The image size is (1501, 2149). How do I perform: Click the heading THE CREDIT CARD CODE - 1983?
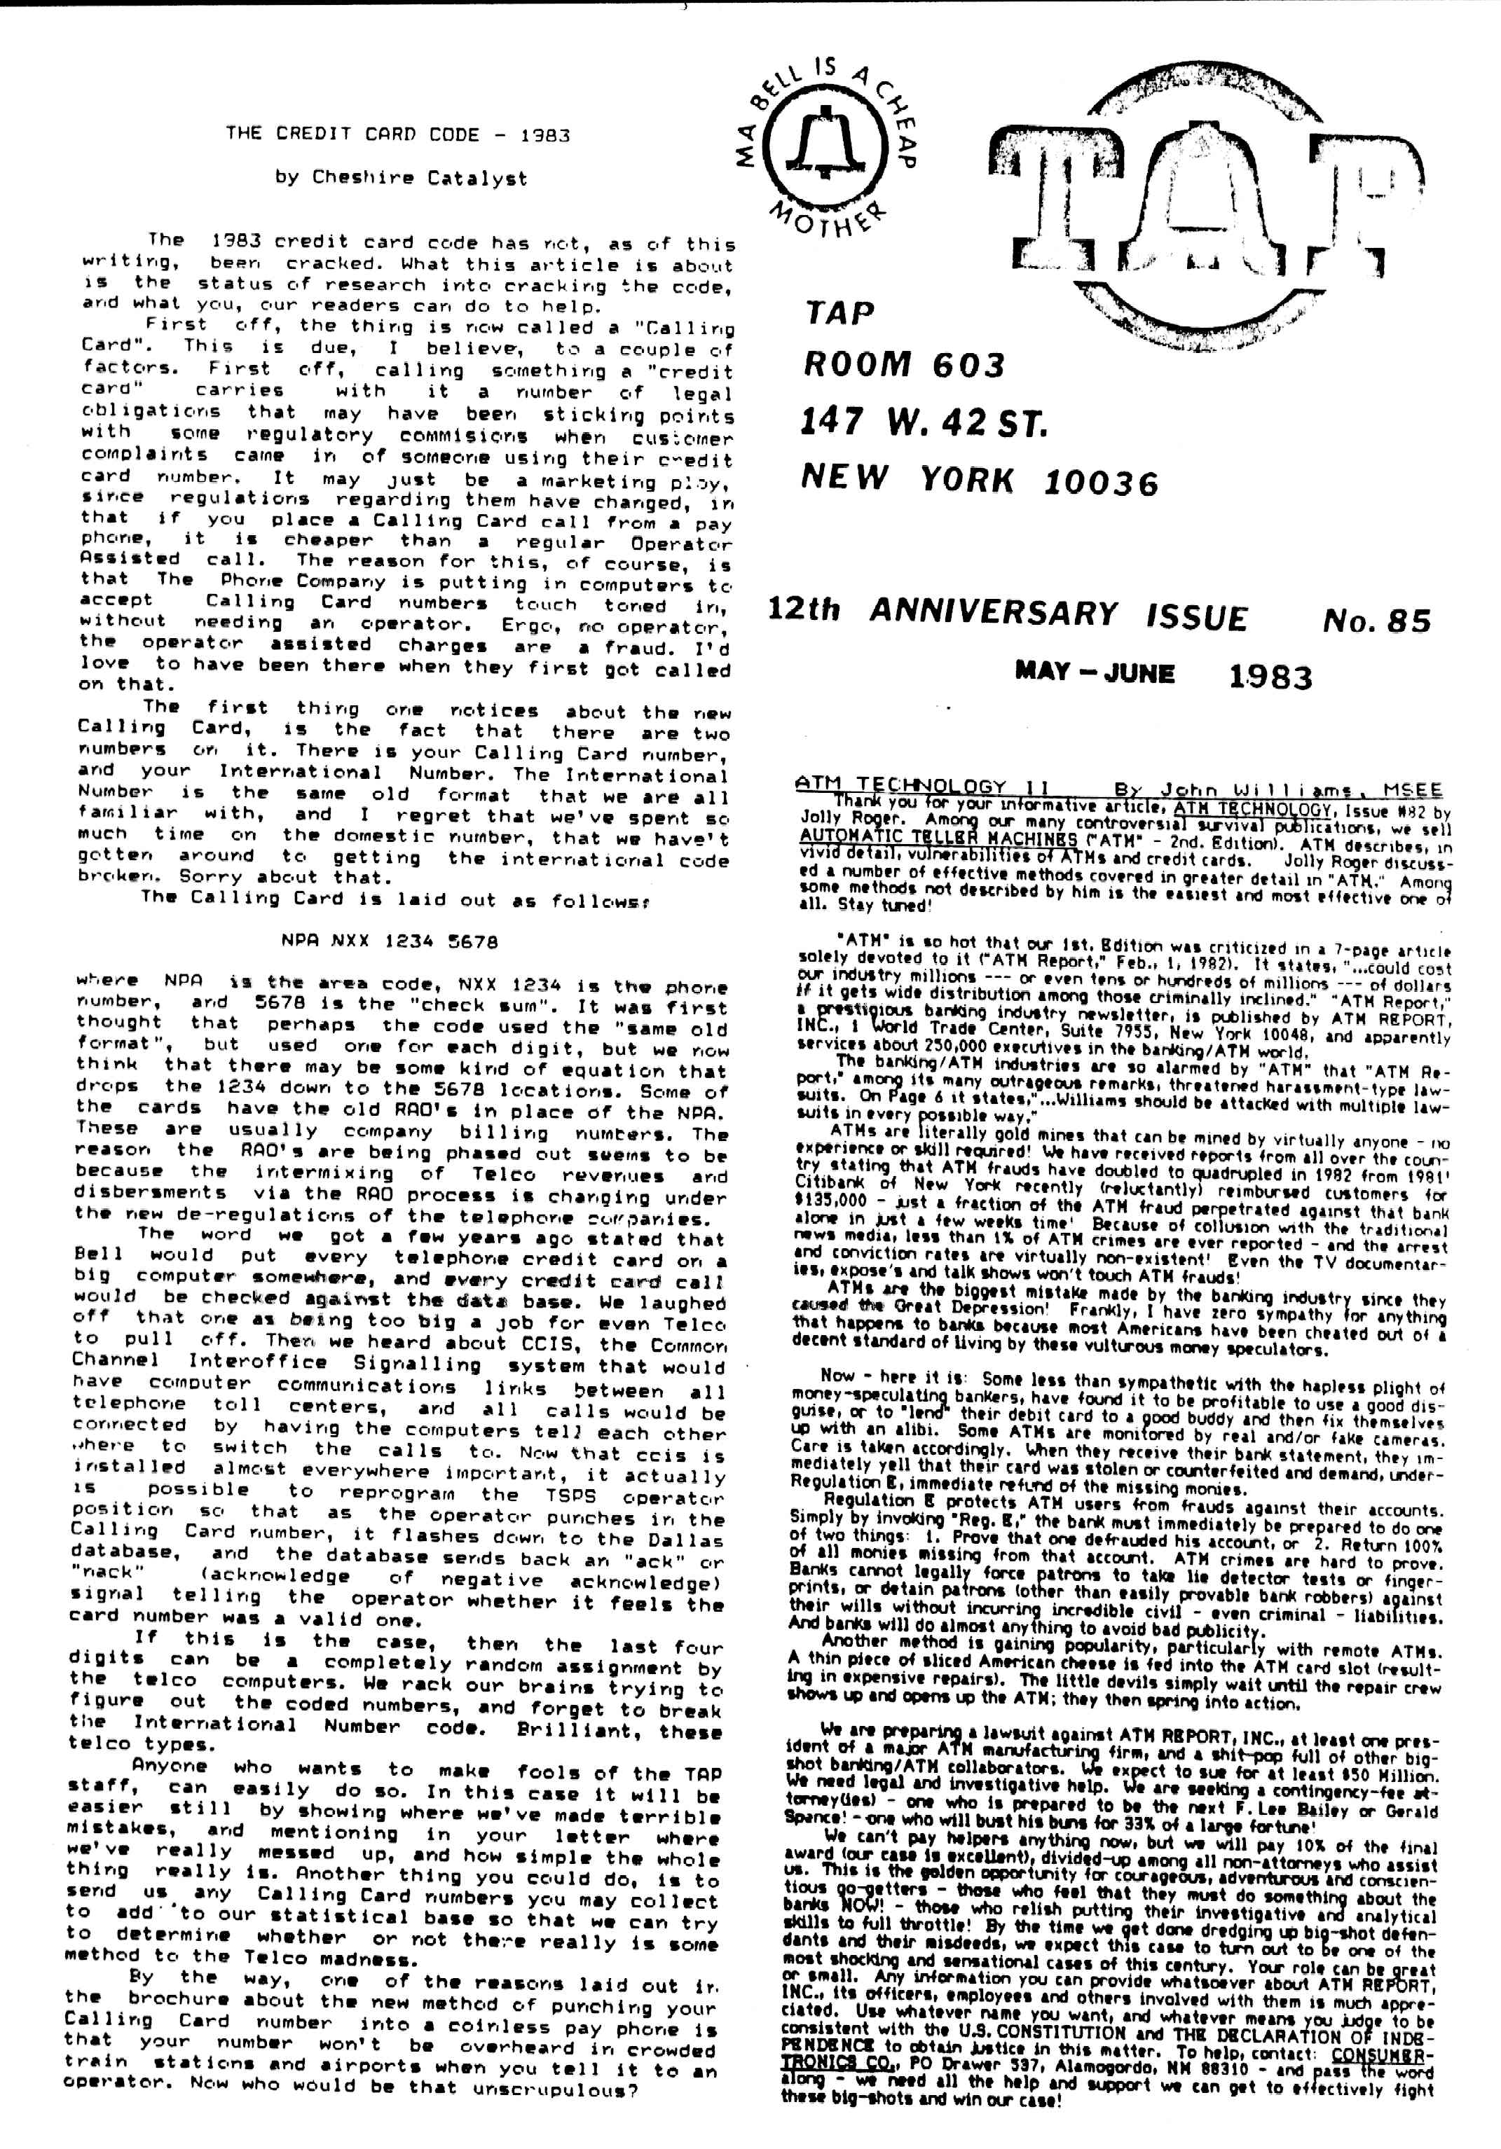[x=397, y=134]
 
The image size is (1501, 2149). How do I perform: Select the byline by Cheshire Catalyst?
[x=401, y=178]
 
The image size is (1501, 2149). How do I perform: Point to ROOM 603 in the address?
[x=903, y=365]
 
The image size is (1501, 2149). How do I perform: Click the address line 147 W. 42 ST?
[x=922, y=423]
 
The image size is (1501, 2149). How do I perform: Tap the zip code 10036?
[x=1100, y=483]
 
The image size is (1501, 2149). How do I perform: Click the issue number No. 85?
[x=1376, y=621]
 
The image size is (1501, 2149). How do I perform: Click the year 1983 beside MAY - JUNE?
[x=1270, y=677]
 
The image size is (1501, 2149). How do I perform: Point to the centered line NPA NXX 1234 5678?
[x=389, y=941]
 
